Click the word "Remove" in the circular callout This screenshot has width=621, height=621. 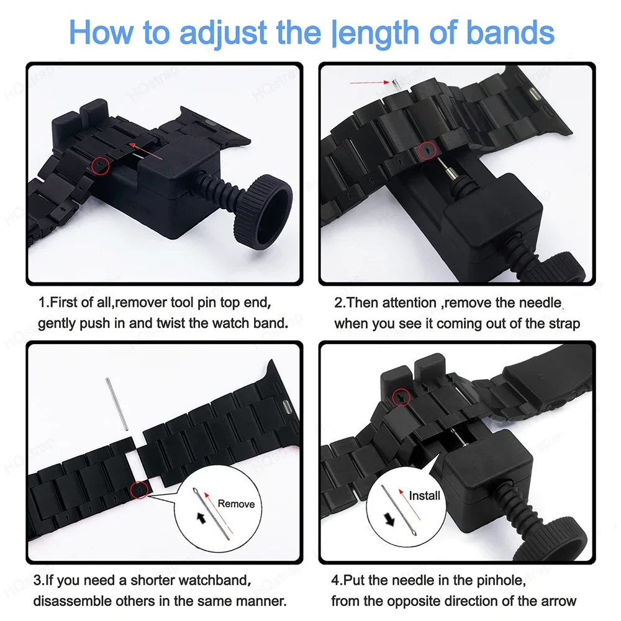pos(236,504)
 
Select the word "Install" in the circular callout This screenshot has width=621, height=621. pos(424,495)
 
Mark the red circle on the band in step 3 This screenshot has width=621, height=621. pos(142,491)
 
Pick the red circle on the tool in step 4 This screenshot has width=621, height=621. pos(402,396)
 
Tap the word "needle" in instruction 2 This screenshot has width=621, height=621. pos(540,303)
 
